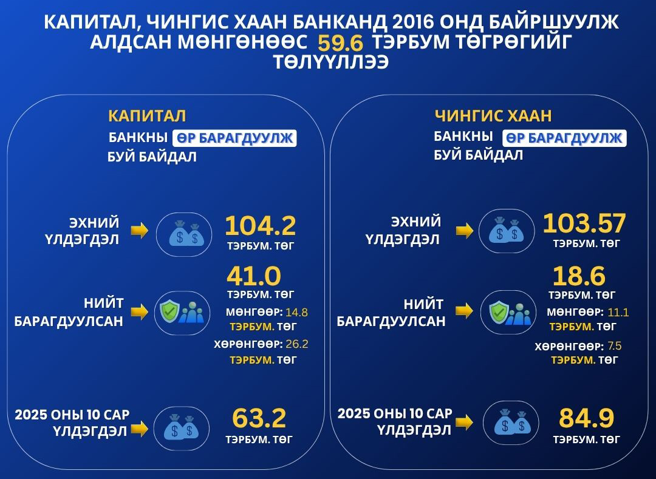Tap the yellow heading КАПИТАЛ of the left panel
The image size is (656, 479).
point(147,116)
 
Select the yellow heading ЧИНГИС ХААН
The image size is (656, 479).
point(493,115)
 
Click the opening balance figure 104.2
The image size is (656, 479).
point(260,226)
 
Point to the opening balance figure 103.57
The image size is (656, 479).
point(584,223)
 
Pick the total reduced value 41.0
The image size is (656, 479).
point(254,276)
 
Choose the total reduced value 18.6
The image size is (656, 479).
point(579,276)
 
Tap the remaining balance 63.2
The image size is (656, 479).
point(259,418)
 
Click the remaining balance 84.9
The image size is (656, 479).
point(586,418)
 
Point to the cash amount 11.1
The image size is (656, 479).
point(619,313)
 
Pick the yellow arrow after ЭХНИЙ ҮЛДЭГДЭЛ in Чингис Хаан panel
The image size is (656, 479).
point(465,231)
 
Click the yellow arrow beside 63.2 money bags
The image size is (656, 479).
point(140,429)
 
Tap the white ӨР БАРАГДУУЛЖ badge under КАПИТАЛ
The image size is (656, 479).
point(235,138)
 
